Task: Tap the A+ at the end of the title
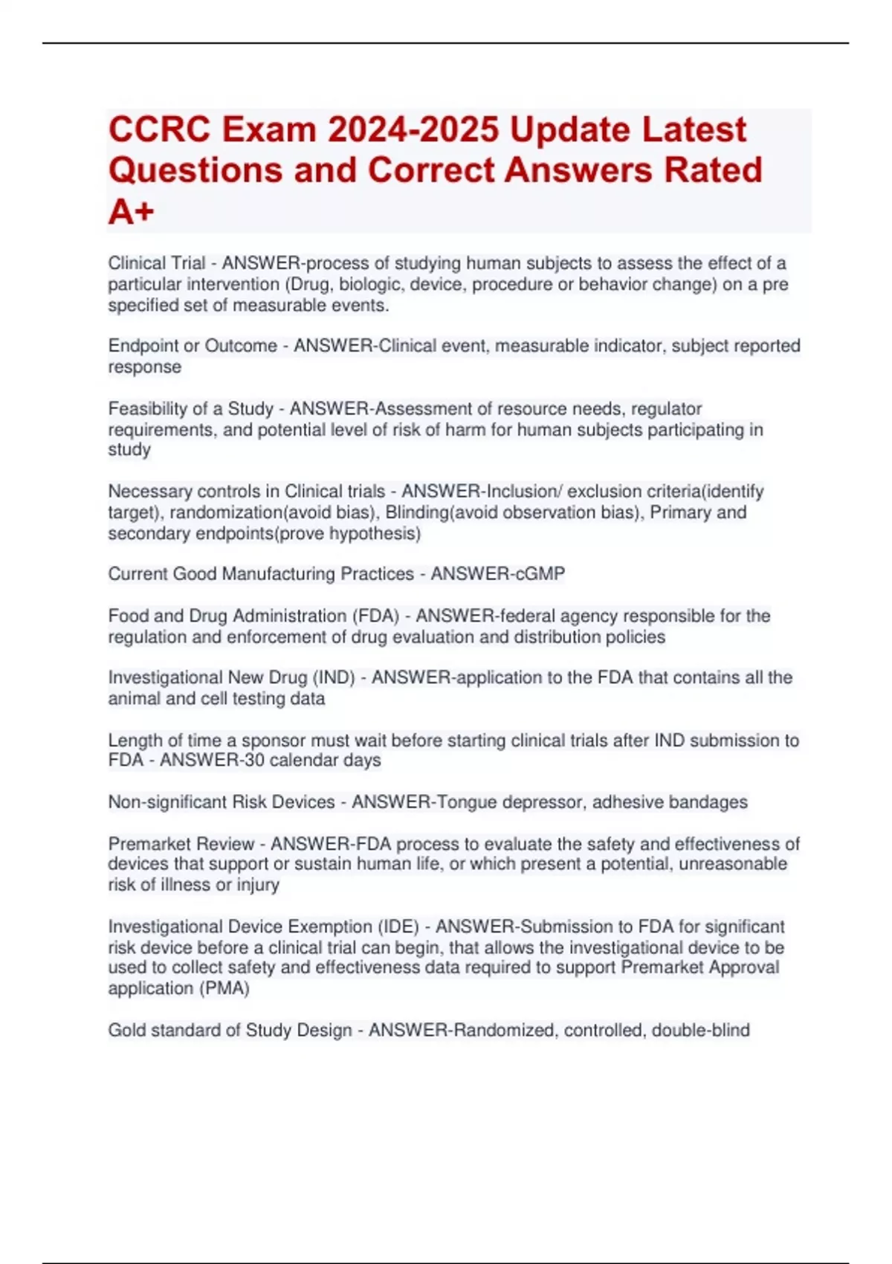pos(131,213)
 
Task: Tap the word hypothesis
pos(372,534)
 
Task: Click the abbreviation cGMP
pos(540,574)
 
